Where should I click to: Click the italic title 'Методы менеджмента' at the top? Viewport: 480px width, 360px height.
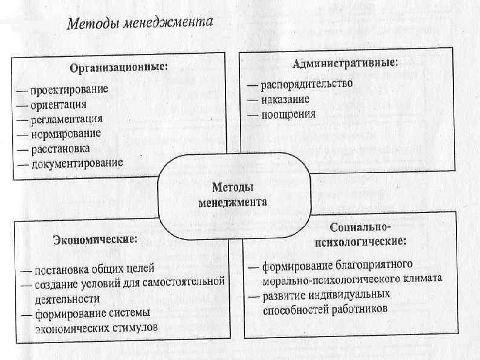(140, 25)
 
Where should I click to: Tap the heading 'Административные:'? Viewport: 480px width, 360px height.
(345, 63)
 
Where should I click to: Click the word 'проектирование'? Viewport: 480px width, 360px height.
(70, 90)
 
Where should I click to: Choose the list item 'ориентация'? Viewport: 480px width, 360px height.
(59, 104)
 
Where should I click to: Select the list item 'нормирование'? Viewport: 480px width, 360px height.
(66, 133)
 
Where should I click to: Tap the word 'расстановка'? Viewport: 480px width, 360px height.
(61, 148)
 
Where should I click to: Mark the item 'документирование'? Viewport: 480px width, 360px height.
(77, 162)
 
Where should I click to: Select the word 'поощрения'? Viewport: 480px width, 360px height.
(288, 114)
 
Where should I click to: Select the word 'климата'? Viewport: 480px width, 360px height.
(423, 280)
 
